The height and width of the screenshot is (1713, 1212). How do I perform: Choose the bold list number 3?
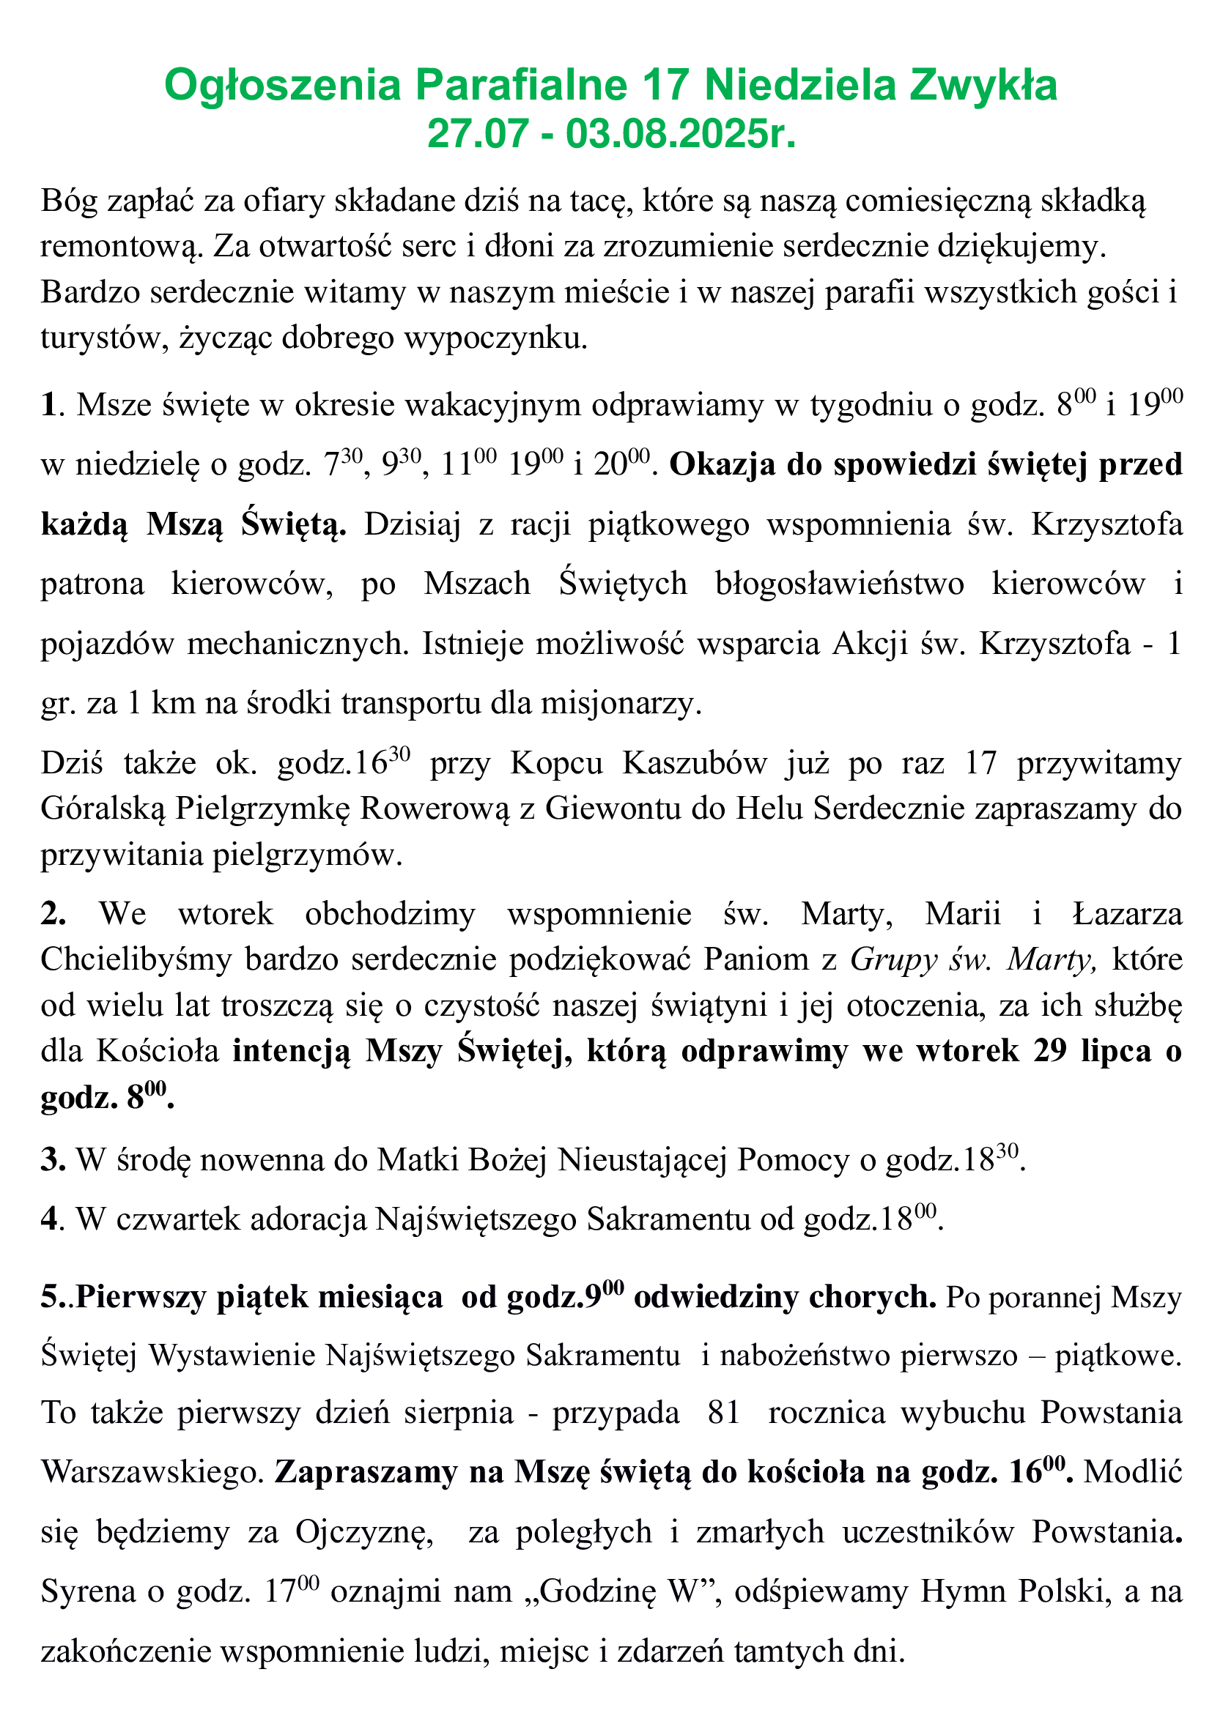52,1160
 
